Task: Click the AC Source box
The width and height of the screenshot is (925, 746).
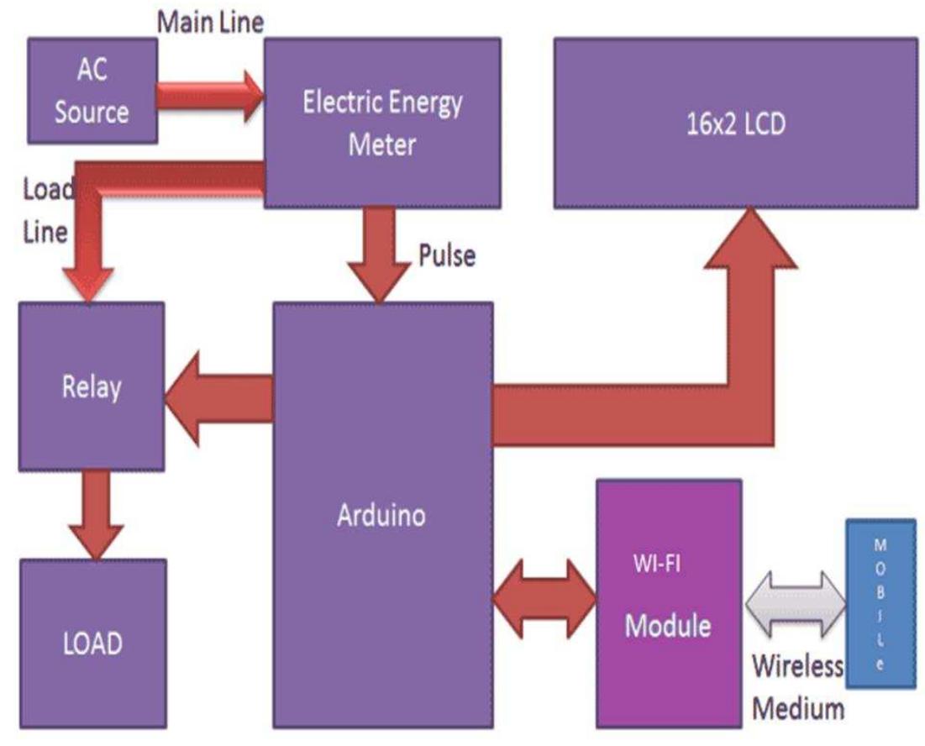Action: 92,90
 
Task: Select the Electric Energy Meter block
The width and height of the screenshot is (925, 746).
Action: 382,123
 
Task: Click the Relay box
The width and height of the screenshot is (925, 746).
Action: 91,386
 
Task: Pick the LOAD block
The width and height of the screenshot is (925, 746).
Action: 92,644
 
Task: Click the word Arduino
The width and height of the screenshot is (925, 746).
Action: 381,515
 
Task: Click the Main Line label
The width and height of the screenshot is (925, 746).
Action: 210,22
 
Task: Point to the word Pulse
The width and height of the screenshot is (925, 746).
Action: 446,255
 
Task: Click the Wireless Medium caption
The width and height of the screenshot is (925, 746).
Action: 796,687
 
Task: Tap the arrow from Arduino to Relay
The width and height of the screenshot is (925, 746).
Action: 218,397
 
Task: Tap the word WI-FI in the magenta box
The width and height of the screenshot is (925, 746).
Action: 658,564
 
